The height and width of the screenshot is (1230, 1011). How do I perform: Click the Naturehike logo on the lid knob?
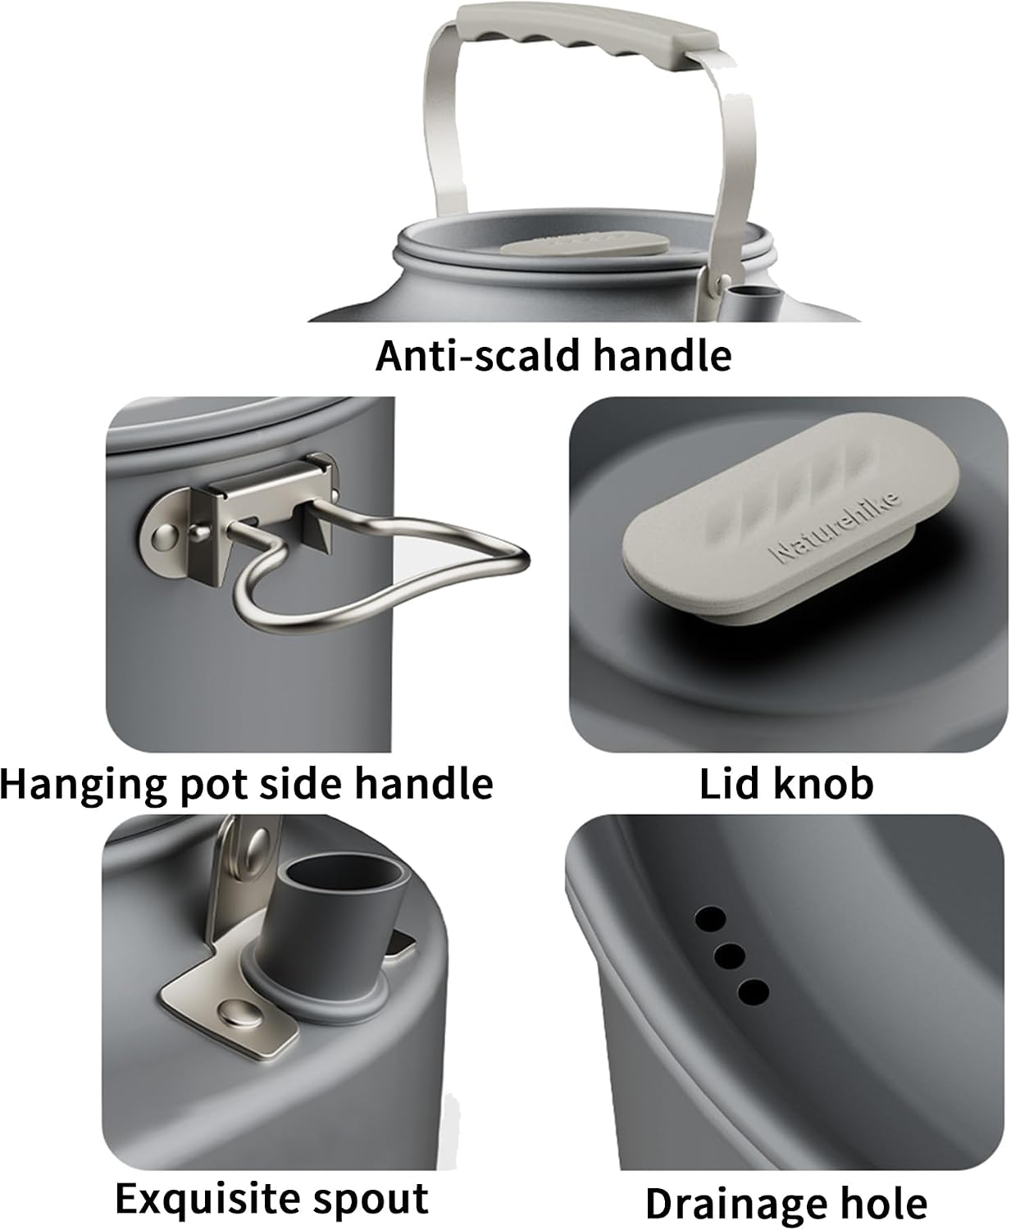835,527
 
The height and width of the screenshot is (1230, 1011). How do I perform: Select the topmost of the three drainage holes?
711,918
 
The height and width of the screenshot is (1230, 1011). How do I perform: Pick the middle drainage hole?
730,954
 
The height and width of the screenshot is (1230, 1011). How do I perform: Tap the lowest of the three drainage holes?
753,991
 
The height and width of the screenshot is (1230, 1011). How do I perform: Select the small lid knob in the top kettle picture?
585,244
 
